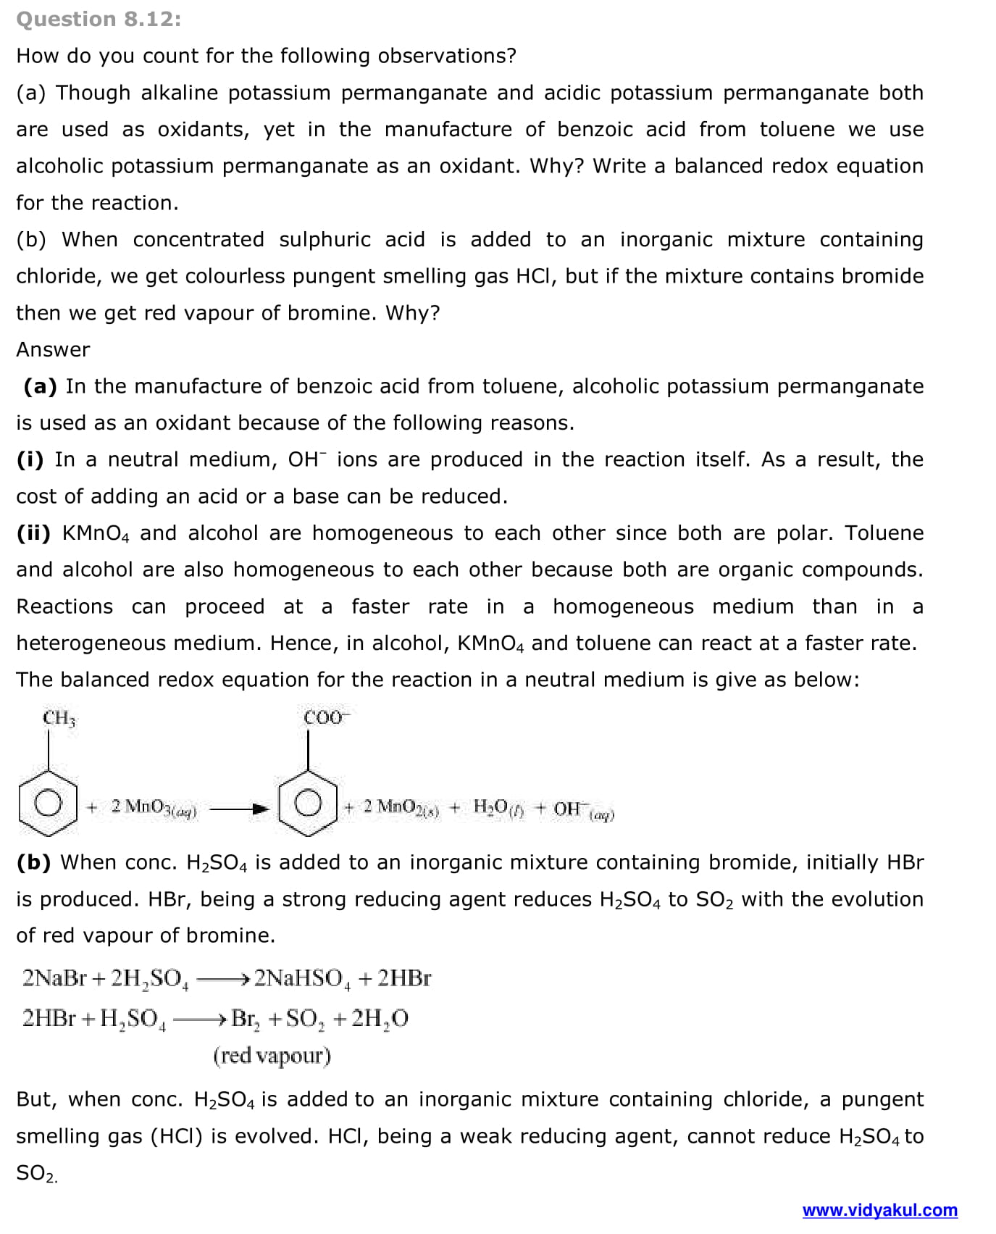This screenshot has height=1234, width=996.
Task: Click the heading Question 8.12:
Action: tap(99, 19)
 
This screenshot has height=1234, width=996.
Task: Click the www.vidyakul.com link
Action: tap(879, 1210)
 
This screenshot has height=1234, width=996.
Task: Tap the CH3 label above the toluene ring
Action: tap(59, 718)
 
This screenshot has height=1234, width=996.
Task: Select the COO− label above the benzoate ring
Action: tap(325, 717)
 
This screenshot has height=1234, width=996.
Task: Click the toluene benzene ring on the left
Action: tap(48, 803)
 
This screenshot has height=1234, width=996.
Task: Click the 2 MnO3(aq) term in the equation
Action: tap(153, 808)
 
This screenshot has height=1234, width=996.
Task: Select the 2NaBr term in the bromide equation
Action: tap(54, 978)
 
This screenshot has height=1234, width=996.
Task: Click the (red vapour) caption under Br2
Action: tap(272, 1056)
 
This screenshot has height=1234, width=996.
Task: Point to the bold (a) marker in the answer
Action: tap(40, 386)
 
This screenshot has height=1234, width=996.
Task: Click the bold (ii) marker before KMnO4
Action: tap(33, 533)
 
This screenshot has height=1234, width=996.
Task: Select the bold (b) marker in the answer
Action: tap(33, 862)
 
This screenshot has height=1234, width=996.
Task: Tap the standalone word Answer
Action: tap(53, 349)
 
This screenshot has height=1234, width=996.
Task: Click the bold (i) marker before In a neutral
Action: tap(30, 459)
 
